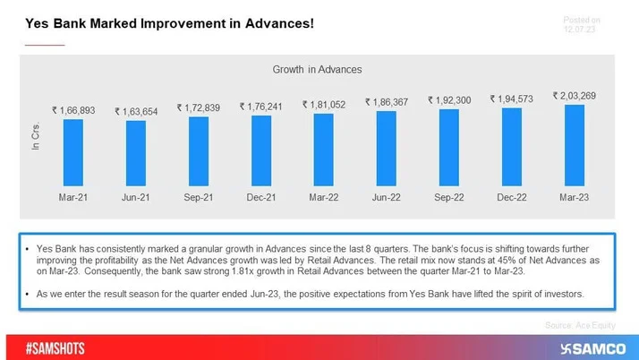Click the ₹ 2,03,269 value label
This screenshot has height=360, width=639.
(575, 96)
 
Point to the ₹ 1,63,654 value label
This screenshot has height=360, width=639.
(136, 112)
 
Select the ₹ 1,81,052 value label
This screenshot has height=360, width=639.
(324, 105)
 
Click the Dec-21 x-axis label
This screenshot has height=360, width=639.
(261, 197)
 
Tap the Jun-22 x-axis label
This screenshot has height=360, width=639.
(387, 197)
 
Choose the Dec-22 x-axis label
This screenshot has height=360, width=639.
(512, 197)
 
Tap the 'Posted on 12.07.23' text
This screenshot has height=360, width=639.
(581, 24)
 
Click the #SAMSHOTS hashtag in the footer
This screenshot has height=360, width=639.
(55, 348)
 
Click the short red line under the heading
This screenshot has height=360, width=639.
(45, 44)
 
